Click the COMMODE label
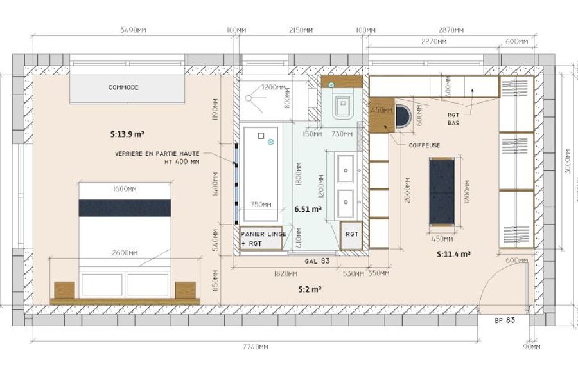[x=123, y=87]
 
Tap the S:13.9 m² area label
[x=127, y=134]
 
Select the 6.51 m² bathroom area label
[x=308, y=209]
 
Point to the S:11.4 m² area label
[x=454, y=254]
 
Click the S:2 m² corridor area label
[x=310, y=289]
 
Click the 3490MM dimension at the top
[x=131, y=30]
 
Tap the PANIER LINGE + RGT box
[x=260, y=239]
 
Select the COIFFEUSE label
[x=425, y=145]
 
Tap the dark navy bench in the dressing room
[x=442, y=191]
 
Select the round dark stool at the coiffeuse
[x=403, y=116]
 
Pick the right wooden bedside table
[x=185, y=290]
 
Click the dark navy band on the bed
[x=125, y=208]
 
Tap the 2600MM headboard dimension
[x=125, y=253]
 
